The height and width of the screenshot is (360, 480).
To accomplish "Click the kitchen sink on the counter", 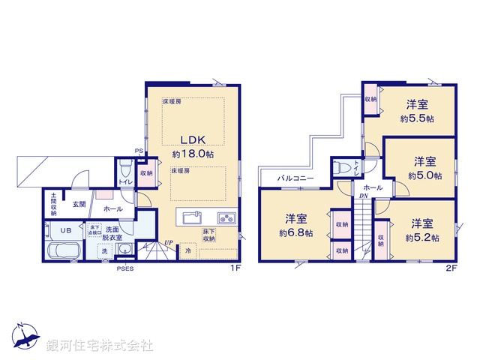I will tap(190, 218).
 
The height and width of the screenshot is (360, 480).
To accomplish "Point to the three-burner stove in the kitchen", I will tap(226, 218).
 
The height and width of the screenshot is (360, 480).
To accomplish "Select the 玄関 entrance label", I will tap(79, 203).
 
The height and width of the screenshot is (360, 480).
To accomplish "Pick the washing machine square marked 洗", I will tap(104, 250).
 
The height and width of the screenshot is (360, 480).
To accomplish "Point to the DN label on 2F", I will tap(364, 196).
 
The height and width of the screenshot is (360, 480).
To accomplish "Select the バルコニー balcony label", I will tap(295, 178).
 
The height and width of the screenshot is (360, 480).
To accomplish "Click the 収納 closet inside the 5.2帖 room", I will tap(382, 239).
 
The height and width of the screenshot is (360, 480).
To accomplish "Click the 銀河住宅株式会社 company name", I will tap(99, 346).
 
